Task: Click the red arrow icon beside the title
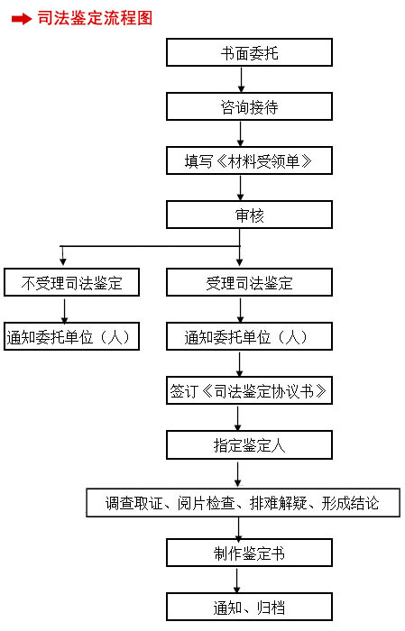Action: (22, 19)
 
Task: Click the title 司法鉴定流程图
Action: (95, 18)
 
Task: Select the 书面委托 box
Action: (249, 52)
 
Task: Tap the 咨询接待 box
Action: (249, 106)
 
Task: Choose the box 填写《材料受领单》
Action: (249, 160)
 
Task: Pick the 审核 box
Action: (249, 215)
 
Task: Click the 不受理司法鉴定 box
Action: (71, 282)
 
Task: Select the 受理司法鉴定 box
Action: (249, 282)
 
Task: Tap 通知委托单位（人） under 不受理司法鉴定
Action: (71, 336)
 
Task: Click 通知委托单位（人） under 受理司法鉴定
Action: (249, 336)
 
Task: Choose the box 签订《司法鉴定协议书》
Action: (249, 390)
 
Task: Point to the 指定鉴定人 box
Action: (249, 445)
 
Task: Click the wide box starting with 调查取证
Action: (244, 503)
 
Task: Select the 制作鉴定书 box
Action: (249, 553)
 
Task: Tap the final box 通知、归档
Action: (249, 607)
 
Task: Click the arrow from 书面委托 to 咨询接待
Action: (241, 79)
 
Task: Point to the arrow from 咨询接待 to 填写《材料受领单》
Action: (240, 133)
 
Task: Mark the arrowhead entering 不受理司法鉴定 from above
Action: (63, 261)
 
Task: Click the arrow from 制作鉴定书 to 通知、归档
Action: (236, 580)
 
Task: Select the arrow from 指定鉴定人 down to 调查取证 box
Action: (238, 474)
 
